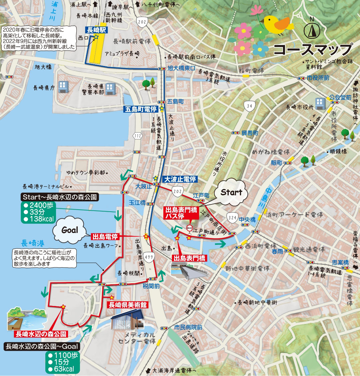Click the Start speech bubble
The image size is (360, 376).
pos(231,192)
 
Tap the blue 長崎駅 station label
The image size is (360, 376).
pos(96,30)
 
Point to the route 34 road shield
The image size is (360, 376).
pos(248,106)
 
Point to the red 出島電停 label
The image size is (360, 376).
pos(105,237)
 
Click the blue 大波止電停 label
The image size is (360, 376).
pos(180,179)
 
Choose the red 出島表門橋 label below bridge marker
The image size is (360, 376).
pos(189,258)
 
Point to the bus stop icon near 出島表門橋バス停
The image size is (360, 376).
pos(189,228)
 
